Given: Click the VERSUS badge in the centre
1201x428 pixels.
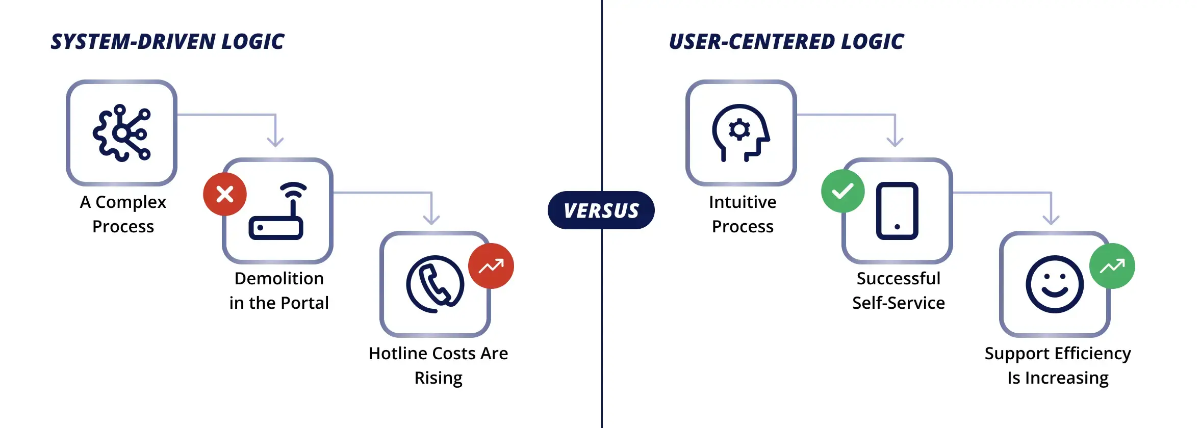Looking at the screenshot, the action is (x=601, y=210).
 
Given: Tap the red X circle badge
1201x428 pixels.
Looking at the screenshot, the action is (x=225, y=194).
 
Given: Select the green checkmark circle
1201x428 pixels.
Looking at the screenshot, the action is (x=843, y=191).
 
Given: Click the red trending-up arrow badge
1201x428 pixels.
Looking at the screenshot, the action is (x=491, y=266).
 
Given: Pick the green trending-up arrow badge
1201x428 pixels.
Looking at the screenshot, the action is (x=1112, y=266).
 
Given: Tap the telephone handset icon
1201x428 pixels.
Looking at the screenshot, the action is (x=435, y=284).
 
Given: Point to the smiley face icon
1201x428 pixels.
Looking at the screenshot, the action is (x=1055, y=284).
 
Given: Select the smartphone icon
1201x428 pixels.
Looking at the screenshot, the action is (x=897, y=211).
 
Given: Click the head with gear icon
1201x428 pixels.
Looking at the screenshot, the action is (x=740, y=133).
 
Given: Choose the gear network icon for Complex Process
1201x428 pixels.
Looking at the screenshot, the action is (x=121, y=133).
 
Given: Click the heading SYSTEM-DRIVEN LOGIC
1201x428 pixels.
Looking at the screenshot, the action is (x=167, y=42).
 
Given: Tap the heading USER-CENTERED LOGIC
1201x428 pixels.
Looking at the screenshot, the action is (x=786, y=42).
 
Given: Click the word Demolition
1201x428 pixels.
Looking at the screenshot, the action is (x=279, y=278).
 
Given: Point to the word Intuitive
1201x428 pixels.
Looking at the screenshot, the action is (x=743, y=202).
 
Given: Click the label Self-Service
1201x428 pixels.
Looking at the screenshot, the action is (x=899, y=303).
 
